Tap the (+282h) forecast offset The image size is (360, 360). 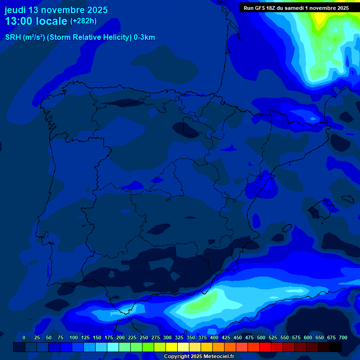tap(83, 21)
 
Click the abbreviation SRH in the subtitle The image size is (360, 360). tap(13, 37)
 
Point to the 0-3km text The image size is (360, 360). tap(144, 37)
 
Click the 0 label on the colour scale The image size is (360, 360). tap(24, 337)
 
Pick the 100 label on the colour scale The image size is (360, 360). tap(74, 337)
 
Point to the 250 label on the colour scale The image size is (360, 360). tap(144, 337)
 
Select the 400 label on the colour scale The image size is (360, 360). tap(214, 337)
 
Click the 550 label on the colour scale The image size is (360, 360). tap(285, 337)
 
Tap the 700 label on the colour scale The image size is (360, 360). tap(343, 337)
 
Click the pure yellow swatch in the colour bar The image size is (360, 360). tap(172, 347)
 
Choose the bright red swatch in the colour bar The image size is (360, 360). tap(265, 347)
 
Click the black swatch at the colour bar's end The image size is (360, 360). tap(336, 347)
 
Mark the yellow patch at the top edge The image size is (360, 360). tap(321, 18)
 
